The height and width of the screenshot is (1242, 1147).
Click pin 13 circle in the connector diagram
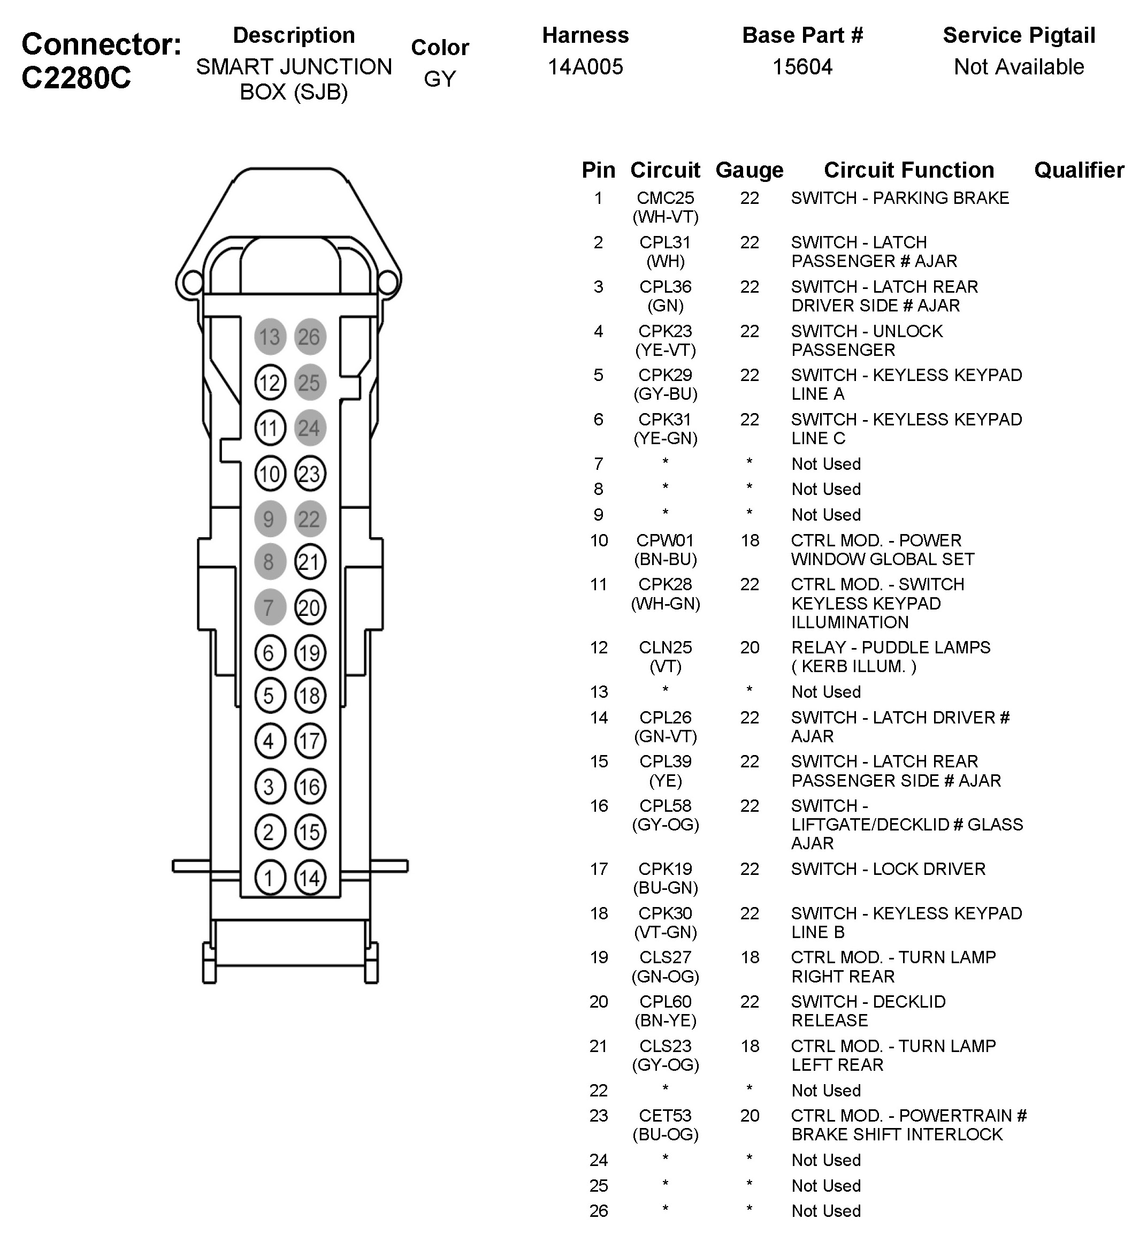(x=270, y=337)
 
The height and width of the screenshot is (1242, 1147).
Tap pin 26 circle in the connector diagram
(x=310, y=337)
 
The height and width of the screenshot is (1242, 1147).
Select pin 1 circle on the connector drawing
(x=270, y=878)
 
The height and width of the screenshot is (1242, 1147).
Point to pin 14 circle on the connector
(x=310, y=878)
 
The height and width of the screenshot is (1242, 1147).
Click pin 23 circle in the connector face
(x=310, y=474)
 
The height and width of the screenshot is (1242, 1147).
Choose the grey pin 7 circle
(x=270, y=608)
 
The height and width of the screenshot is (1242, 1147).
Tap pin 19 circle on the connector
(x=310, y=652)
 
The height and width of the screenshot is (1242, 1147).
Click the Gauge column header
(x=749, y=170)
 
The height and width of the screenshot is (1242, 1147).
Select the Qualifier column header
(x=1079, y=170)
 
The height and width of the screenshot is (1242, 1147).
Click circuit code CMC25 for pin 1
(x=666, y=198)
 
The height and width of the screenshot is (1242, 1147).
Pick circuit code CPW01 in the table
(x=666, y=540)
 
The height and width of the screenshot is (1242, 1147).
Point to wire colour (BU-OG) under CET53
(x=666, y=1134)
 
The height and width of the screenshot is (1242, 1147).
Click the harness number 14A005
(x=585, y=66)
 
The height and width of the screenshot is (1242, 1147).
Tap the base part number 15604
(x=802, y=66)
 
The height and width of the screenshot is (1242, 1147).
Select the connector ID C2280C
(x=77, y=78)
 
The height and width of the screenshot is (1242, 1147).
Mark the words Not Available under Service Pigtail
(x=1019, y=66)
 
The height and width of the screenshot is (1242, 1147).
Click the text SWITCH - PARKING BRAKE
(x=900, y=198)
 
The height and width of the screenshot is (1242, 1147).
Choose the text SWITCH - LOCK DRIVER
(x=888, y=869)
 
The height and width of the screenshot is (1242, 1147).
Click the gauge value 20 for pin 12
(x=749, y=647)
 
